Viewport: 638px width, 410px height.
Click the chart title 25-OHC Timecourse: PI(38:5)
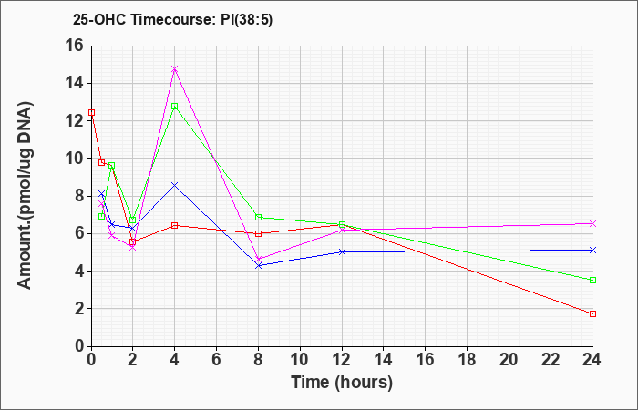point(172,19)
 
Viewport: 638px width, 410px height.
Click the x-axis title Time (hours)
point(342,383)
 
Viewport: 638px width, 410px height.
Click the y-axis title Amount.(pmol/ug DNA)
point(26,195)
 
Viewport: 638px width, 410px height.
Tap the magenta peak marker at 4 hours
point(175,68)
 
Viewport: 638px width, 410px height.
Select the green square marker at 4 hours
point(175,107)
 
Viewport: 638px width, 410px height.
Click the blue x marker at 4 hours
point(175,185)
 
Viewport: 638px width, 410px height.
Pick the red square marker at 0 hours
point(91,112)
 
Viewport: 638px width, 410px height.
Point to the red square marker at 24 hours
point(592,313)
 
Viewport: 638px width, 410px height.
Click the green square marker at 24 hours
point(592,280)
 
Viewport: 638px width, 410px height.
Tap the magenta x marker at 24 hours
point(592,223)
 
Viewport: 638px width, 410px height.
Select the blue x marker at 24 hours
point(592,250)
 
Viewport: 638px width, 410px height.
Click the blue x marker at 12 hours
point(342,251)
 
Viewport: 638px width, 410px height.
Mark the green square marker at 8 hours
point(258,217)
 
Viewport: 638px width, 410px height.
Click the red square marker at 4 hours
point(175,225)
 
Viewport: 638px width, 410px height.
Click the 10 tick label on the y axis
point(75,159)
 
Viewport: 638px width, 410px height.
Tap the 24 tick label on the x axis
point(592,360)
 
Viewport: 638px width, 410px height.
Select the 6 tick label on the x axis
point(216,360)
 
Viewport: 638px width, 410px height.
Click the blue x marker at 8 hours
point(258,265)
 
